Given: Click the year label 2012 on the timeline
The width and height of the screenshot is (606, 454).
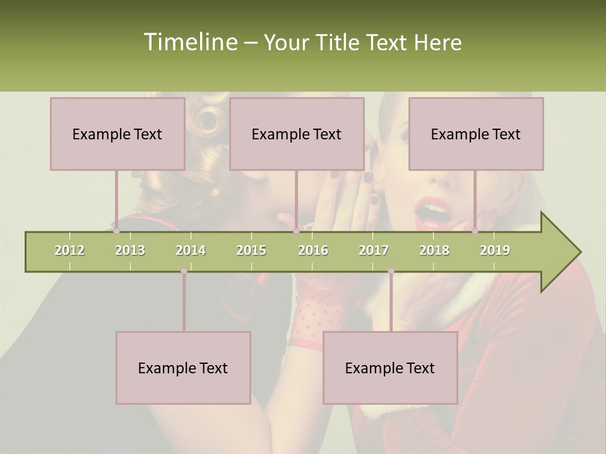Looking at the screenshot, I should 69,251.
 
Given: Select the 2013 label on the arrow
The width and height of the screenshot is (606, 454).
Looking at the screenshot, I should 130,251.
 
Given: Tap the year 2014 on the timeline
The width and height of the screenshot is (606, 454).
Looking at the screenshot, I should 191,251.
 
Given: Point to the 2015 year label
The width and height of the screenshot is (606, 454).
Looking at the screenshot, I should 251,251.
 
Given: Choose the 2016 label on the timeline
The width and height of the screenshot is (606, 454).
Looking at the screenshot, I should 313,251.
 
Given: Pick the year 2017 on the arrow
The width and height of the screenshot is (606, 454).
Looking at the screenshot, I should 374,251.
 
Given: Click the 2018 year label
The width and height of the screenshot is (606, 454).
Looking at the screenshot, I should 434,251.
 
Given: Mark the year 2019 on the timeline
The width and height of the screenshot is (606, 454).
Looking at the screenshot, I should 495,251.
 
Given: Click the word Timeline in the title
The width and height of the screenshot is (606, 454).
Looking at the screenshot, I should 189,42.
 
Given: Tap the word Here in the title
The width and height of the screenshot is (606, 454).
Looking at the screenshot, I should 437,43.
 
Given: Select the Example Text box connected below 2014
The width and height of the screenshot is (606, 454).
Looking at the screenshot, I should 183,368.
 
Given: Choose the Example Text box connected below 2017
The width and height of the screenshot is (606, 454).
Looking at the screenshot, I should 390,368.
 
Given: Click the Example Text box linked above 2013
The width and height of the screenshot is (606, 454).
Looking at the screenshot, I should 117,134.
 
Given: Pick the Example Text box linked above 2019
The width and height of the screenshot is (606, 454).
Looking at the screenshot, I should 476,134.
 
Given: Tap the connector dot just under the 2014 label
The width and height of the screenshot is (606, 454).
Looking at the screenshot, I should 184,271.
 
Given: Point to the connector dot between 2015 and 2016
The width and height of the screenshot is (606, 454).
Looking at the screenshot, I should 296,231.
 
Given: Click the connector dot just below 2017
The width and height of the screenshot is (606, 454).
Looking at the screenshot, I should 391,271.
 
